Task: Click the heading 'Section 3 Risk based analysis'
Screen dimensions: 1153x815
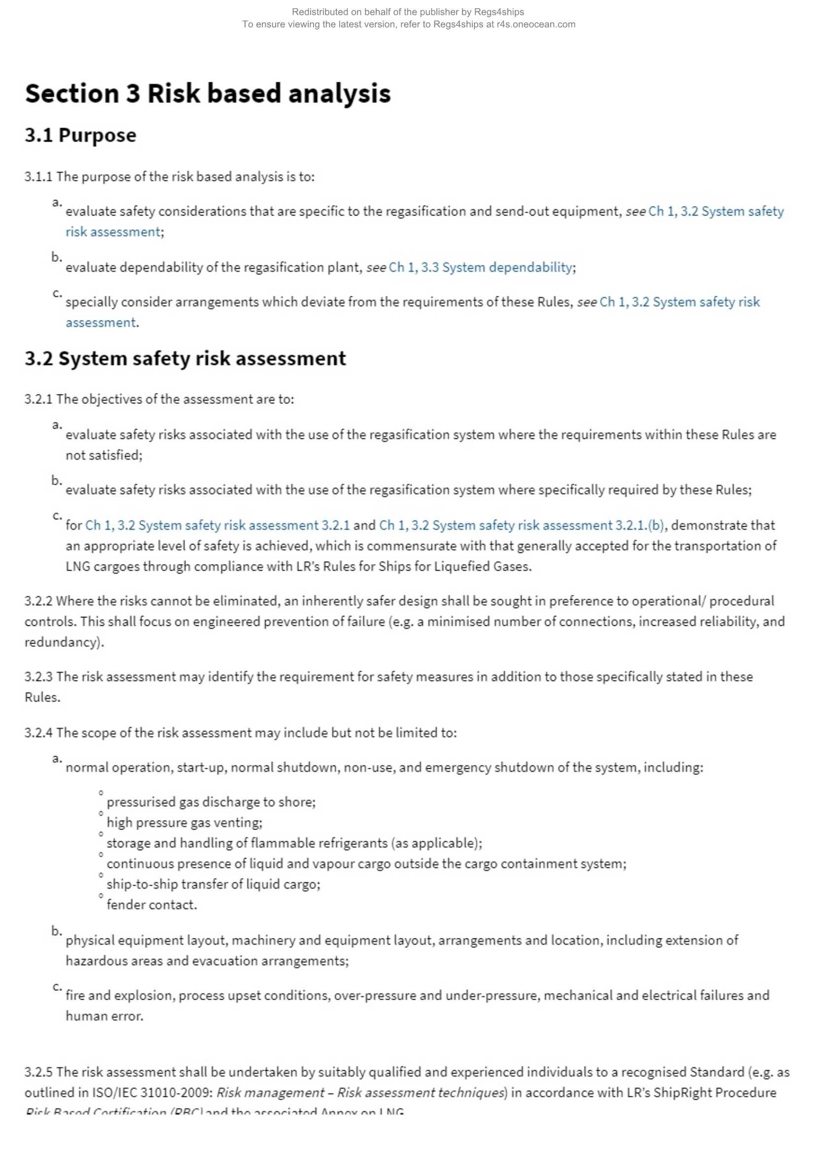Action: click(208, 94)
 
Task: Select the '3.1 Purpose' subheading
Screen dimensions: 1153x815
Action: click(80, 136)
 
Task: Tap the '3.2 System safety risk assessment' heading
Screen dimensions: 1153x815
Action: click(185, 359)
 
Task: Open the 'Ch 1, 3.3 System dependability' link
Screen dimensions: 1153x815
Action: click(480, 267)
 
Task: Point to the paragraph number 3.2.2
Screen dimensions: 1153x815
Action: click(38, 601)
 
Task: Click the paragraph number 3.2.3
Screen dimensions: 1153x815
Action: click(38, 677)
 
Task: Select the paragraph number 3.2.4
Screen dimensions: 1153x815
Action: click(38, 733)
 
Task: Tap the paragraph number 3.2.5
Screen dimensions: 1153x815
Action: click(38, 1072)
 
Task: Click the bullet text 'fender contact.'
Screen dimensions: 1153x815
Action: click(152, 905)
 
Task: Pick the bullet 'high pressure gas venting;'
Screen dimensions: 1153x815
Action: click(184, 823)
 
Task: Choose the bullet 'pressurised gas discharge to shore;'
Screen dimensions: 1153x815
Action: click(211, 802)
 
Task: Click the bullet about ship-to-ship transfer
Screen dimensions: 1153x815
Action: click(213, 884)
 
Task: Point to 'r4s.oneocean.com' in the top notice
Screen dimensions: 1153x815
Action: click(536, 24)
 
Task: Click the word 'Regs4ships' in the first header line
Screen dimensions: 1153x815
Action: click(498, 12)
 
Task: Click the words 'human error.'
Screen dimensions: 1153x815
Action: click(105, 1016)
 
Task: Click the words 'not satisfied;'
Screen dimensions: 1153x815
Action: click(104, 456)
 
